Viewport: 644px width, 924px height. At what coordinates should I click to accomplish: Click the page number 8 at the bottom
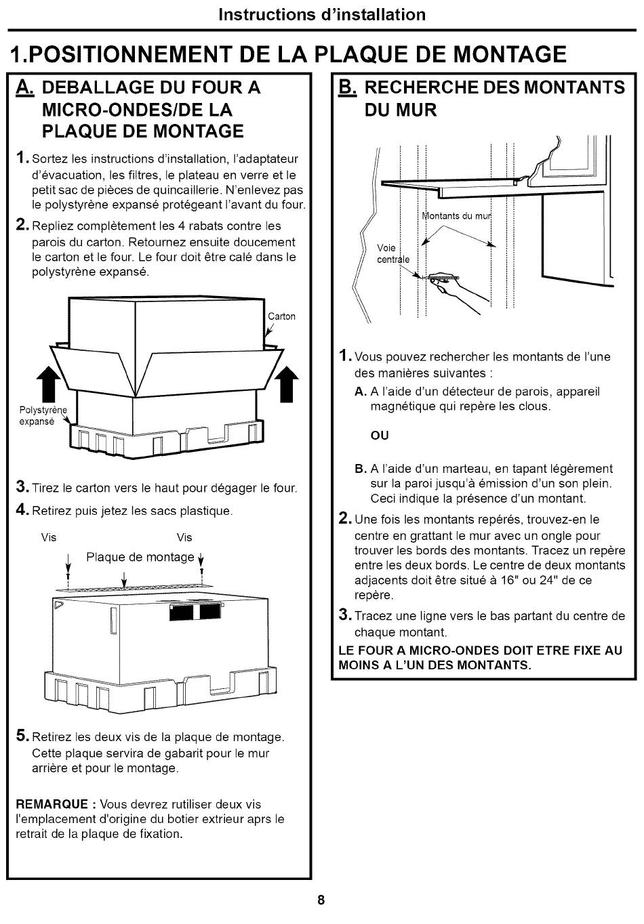coord(321,900)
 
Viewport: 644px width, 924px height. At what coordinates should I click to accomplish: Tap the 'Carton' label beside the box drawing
coord(281,316)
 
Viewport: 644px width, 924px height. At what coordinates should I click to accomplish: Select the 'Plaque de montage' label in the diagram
coord(140,557)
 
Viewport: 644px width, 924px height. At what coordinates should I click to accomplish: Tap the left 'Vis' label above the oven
coord(49,537)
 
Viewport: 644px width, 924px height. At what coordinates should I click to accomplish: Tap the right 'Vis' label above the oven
coord(184,537)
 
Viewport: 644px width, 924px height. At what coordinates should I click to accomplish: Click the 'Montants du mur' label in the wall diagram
coord(456,216)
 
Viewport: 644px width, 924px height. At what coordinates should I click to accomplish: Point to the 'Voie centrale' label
coord(392,253)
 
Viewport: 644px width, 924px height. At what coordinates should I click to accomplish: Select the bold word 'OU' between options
coord(380,436)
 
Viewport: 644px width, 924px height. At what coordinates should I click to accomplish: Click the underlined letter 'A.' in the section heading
coord(25,87)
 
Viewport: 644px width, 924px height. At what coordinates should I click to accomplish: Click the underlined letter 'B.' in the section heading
coord(346,87)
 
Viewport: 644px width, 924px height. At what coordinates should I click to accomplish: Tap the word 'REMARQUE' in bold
coord(52,805)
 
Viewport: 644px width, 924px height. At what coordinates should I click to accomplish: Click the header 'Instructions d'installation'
coord(322,14)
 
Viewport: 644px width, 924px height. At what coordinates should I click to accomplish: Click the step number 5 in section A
coord(22,736)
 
